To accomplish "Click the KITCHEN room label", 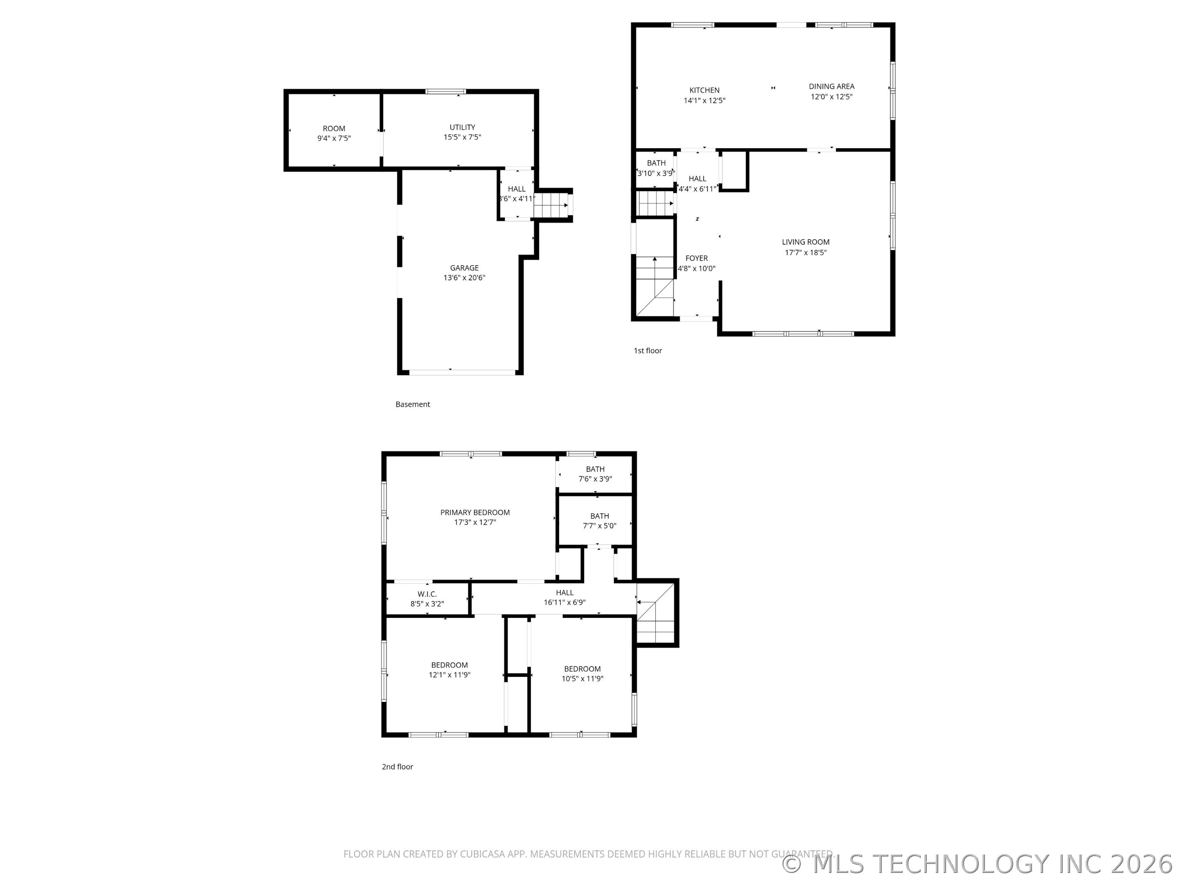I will (x=704, y=90).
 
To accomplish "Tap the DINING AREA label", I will (x=831, y=86).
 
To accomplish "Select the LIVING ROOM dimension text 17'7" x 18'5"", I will (x=805, y=253).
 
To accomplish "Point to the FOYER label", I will (x=696, y=258).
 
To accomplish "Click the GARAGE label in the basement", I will (x=464, y=268).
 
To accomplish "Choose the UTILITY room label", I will (x=462, y=127).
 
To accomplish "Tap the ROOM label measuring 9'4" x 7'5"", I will (x=334, y=129).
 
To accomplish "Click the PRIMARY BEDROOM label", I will (x=474, y=513).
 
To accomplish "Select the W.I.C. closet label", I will (x=427, y=594).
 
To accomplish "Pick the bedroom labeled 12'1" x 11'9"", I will (x=449, y=665).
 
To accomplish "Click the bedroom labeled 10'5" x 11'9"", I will (x=582, y=669).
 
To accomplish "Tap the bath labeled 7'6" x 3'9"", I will (x=595, y=469).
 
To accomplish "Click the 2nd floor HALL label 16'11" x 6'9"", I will (x=565, y=593).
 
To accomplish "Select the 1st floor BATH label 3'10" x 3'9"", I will (x=656, y=163).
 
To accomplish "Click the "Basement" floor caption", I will (x=413, y=404).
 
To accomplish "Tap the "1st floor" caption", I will (x=648, y=351).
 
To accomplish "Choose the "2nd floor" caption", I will (x=397, y=767).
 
